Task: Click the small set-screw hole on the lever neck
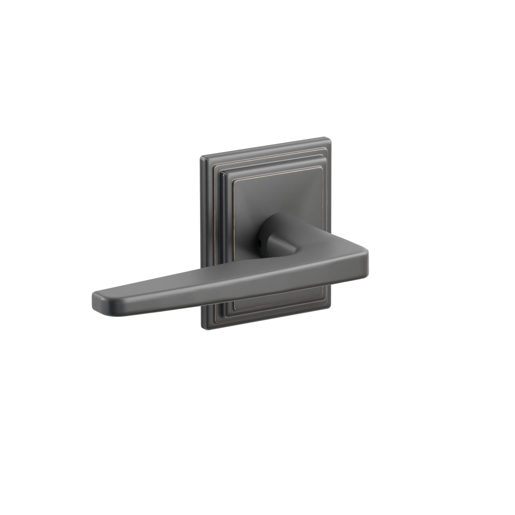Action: click(x=260, y=243)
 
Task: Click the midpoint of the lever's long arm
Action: click(x=229, y=288)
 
